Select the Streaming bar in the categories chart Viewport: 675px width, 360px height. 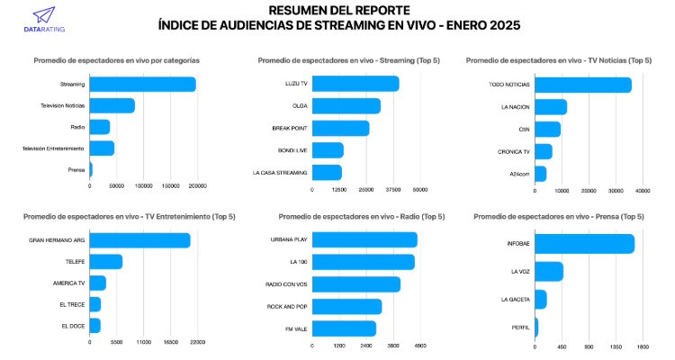(x=142, y=85)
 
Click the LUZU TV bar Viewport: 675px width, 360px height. (x=355, y=85)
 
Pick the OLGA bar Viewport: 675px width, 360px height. (x=346, y=106)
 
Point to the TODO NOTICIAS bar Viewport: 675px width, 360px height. (x=582, y=85)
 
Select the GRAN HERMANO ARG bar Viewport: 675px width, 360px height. (x=139, y=240)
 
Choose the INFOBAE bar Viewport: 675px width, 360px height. (x=584, y=244)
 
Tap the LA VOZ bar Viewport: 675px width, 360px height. (x=548, y=272)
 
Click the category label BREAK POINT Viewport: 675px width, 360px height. (x=290, y=128)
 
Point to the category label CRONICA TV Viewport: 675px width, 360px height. (x=514, y=150)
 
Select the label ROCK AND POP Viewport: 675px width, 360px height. (x=288, y=306)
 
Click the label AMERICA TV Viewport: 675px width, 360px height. (x=69, y=283)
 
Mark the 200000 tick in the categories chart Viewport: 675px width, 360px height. (x=197, y=186)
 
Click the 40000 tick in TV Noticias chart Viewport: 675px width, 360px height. (x=643, y=191)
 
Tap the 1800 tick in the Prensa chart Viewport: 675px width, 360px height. (x=643, y=346)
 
